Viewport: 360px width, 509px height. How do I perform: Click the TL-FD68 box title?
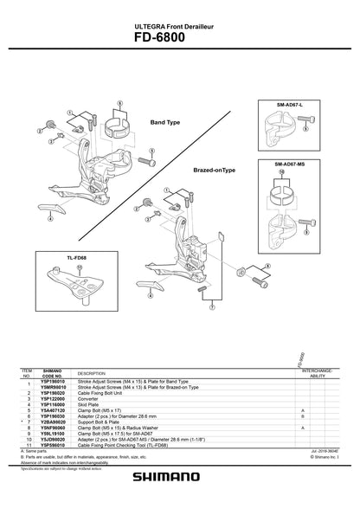coord(53,256)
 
